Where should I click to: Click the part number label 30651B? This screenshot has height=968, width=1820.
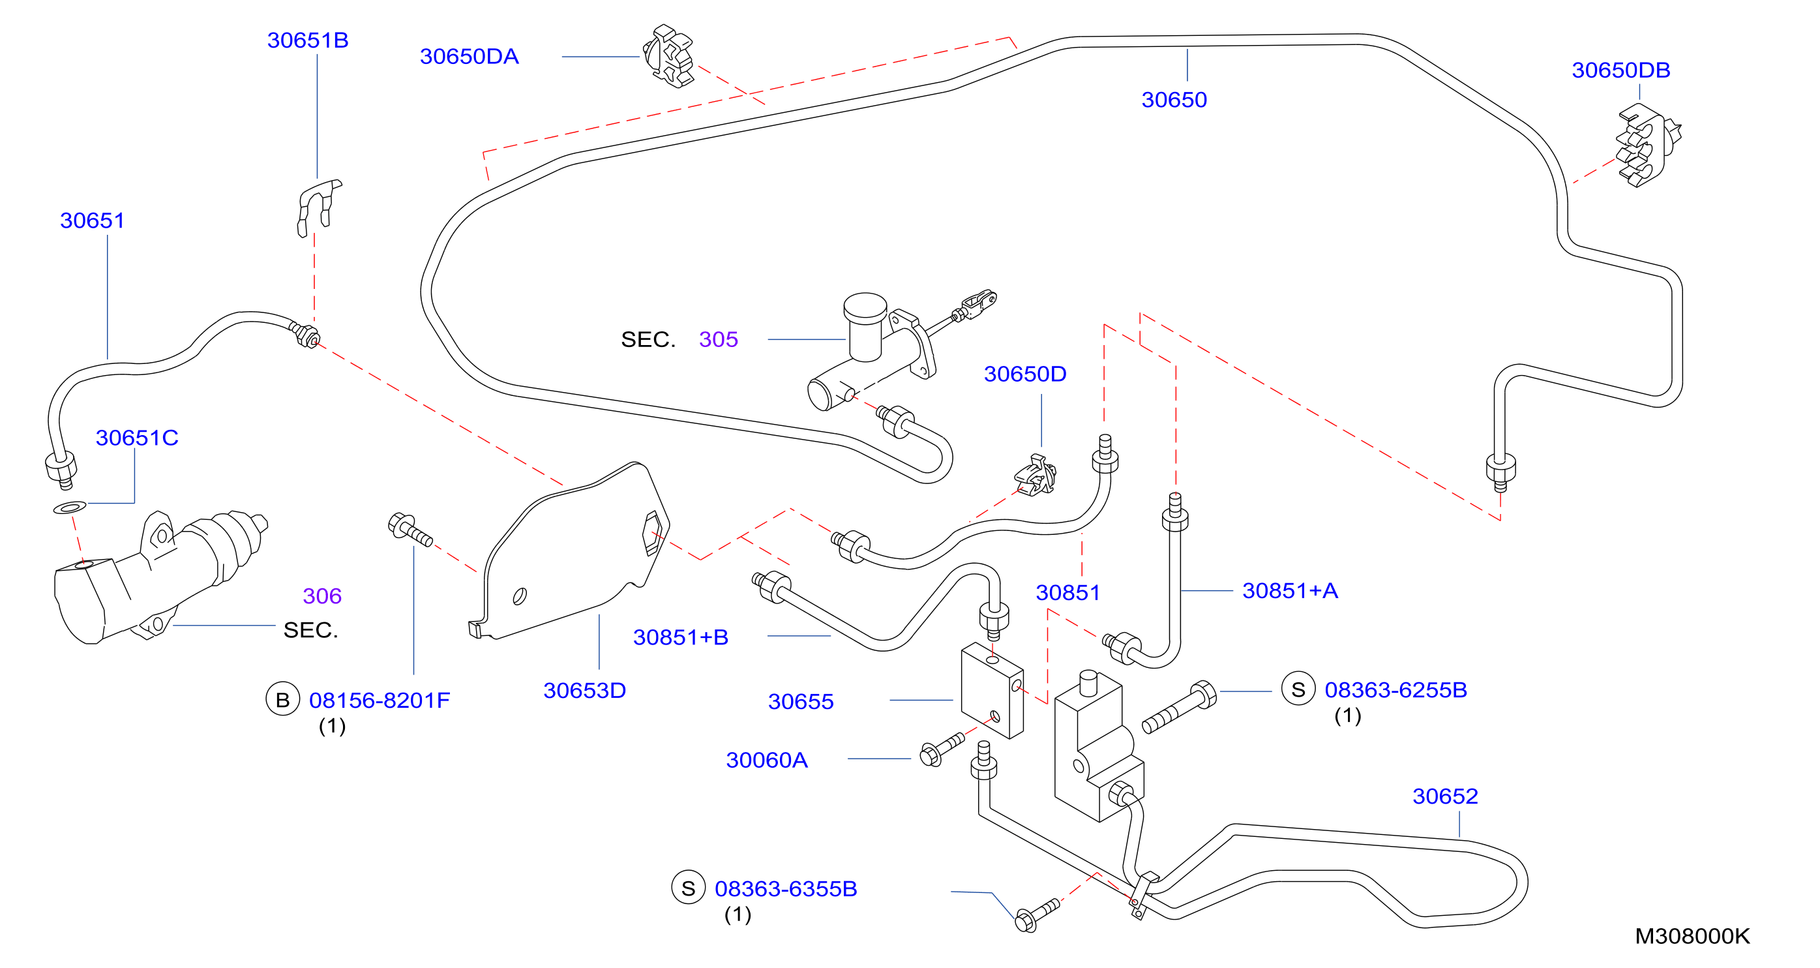(307, 40)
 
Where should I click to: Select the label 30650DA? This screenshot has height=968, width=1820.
(469, 57)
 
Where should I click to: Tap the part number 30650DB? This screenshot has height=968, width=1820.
(1620, 70)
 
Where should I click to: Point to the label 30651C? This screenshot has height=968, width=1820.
(137, 438)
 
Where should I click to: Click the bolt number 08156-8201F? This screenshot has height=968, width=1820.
(380, 700)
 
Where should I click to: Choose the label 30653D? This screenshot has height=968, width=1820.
(584, 690)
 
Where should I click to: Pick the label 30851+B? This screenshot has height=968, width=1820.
(680, 637)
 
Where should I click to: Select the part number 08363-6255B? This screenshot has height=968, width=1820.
(1395, 689)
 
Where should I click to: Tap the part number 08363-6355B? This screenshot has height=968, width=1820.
(786, 888)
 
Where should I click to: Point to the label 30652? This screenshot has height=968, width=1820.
(1445, 796)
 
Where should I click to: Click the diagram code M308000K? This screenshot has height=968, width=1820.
(1692, 936)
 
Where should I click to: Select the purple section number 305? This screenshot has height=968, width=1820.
(719, 339)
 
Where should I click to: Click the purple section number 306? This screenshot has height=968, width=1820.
(322, 596)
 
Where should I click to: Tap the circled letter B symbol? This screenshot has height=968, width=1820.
(282, 699)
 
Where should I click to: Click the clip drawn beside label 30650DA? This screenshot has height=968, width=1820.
(669, 57)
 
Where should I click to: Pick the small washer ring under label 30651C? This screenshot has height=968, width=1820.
(70, 507)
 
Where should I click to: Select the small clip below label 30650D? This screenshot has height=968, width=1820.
(1036, 476)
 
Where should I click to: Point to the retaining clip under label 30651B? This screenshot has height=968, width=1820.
(318, 207)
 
